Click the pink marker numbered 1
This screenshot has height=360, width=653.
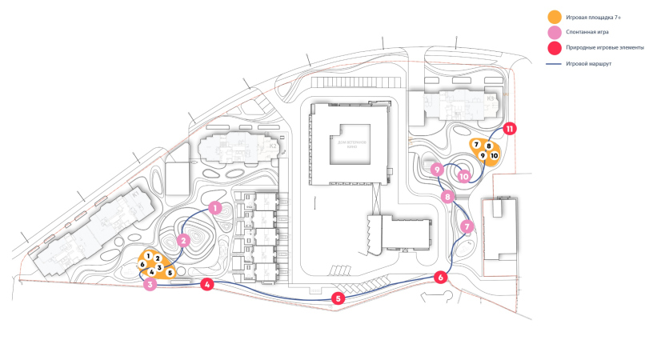pos(214,207)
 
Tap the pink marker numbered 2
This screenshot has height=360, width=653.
pos(183,239)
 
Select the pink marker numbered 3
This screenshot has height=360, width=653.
pos(150,284)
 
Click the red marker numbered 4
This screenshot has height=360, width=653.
pos(207,284)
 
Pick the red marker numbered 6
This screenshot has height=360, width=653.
pos(440,278)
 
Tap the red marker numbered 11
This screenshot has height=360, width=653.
pos(509,128)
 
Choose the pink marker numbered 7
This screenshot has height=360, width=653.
pos(467,226)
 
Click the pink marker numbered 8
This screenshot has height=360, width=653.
pos(448,196)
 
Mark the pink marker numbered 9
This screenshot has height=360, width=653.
pos(437,170)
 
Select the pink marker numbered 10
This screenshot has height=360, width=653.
pos(463,177)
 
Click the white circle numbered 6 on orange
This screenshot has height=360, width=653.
pos(142,264)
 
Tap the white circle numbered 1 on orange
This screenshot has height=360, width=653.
pos(149,255)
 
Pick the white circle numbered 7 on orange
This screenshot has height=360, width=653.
pos(476,145)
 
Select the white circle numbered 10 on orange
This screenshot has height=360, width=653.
pos(494,155)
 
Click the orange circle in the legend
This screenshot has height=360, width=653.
pos(553,17)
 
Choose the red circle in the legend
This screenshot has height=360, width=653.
pos(553,48)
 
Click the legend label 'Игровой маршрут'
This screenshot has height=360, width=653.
pos(589,63)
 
